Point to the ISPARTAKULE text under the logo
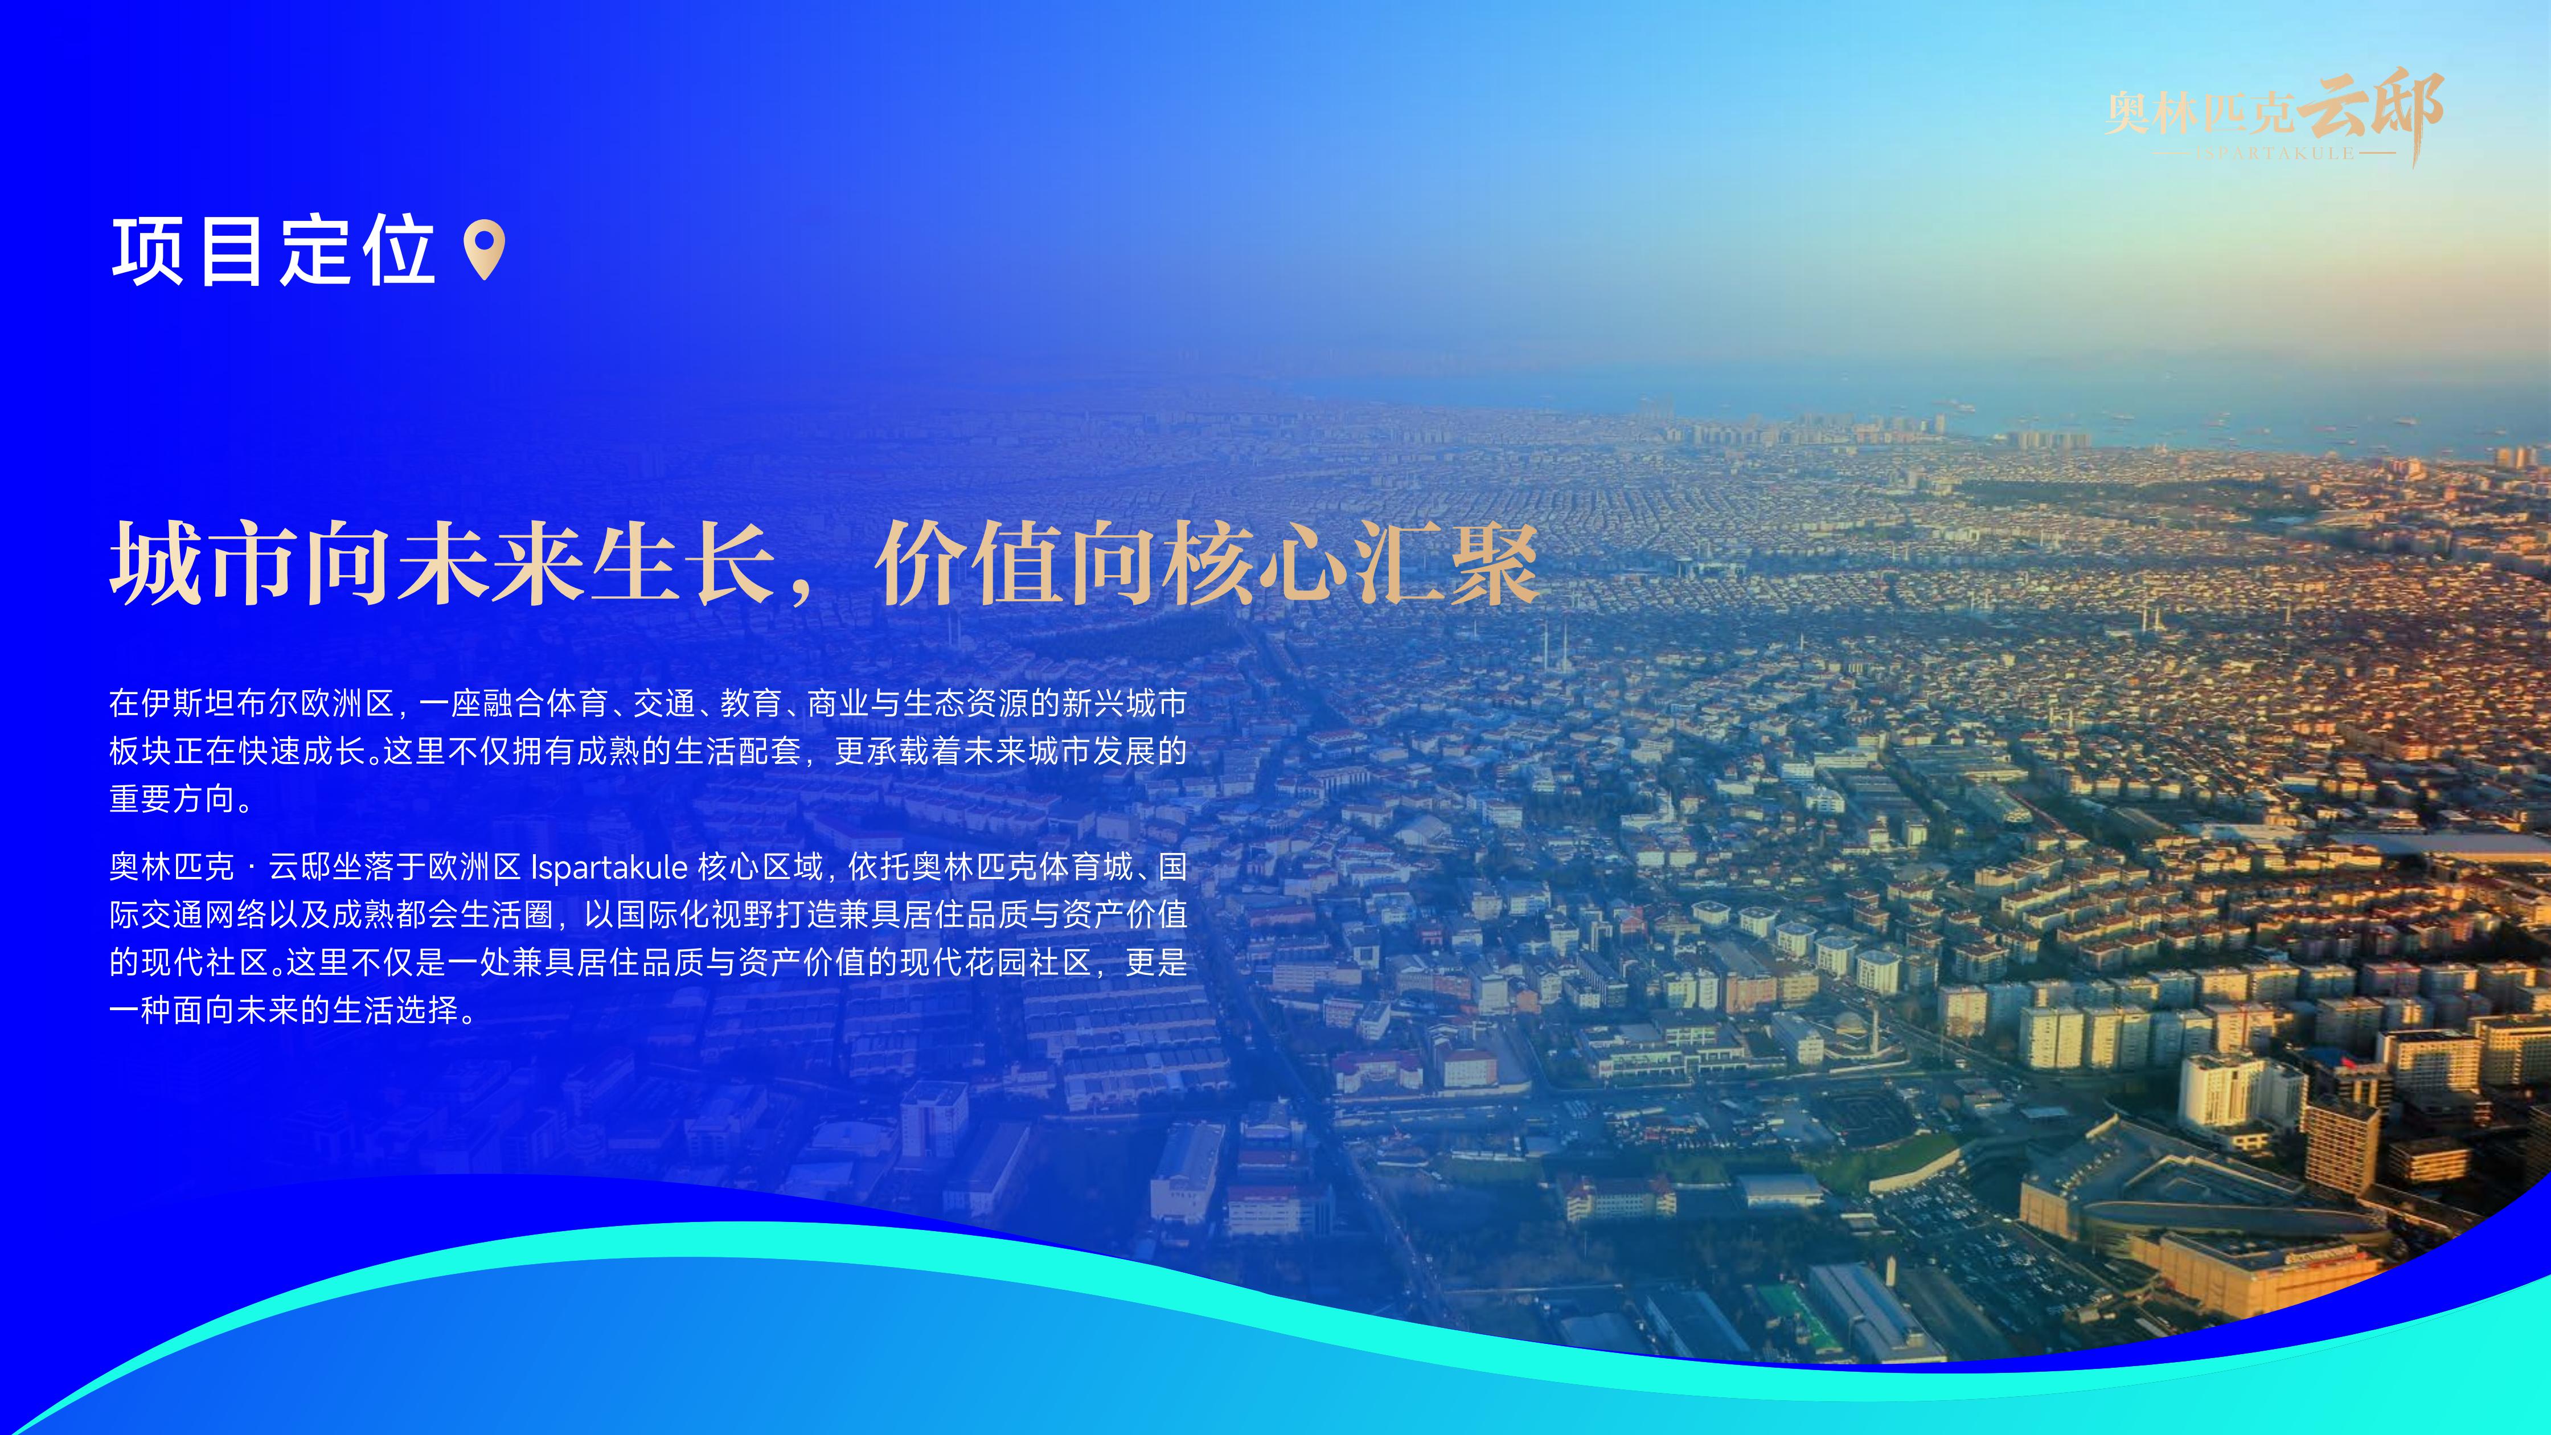[2275, 154]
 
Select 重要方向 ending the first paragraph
[173, 799]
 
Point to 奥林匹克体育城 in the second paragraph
[1022, 867]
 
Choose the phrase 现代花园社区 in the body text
[995, 962]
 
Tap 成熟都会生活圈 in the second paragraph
[442, 915]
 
